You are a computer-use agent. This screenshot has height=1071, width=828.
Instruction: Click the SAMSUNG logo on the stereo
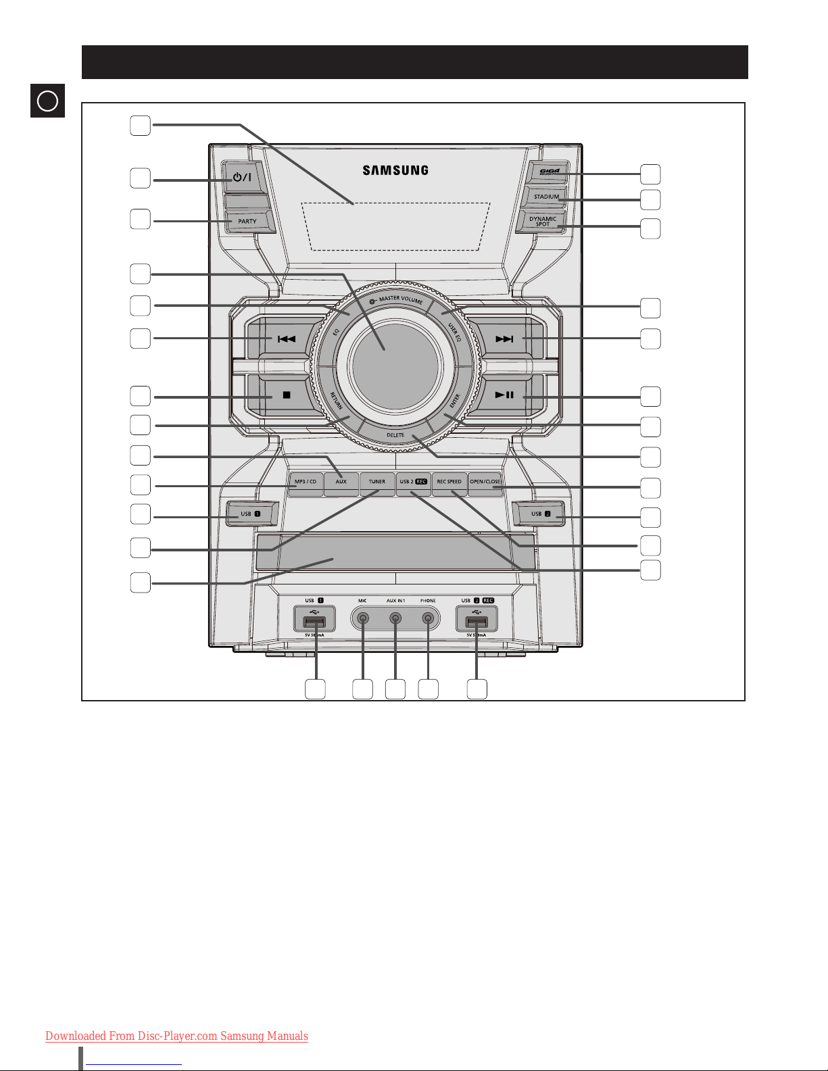click(x=395, y=170)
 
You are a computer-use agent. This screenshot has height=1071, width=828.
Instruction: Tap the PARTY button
click(x=247, y=221)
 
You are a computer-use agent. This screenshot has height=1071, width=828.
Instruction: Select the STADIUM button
click(x=546, y=197)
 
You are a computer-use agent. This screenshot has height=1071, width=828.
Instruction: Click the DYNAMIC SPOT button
click(x=543, y=222)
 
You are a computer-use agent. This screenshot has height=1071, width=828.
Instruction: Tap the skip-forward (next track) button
click(x=504, y=339)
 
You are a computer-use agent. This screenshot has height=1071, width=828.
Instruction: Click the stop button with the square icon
click(x=286, y=395)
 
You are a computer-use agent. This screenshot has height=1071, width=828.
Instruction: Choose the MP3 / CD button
click(x=306, y=482)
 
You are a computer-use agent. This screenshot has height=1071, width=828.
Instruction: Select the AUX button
click(x=341, y=482)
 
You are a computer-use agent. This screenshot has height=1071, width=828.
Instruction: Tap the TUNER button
click(x=377, y=482)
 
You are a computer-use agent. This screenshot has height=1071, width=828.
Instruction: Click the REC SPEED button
click(x=449, y=482)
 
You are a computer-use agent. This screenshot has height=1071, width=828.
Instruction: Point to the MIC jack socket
click(x=363, y=618)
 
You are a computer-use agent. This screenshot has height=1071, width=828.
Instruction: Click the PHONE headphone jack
click(x=428, y=618)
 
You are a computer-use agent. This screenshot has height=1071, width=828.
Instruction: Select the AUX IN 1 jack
click(x=395, y=618)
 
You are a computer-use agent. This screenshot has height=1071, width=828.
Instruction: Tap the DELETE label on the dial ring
click(x=395, y=436)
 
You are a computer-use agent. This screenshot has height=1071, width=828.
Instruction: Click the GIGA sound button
click(x=549, y=172)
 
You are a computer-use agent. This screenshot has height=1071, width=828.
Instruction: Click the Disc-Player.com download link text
click(x=176, y=1036)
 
